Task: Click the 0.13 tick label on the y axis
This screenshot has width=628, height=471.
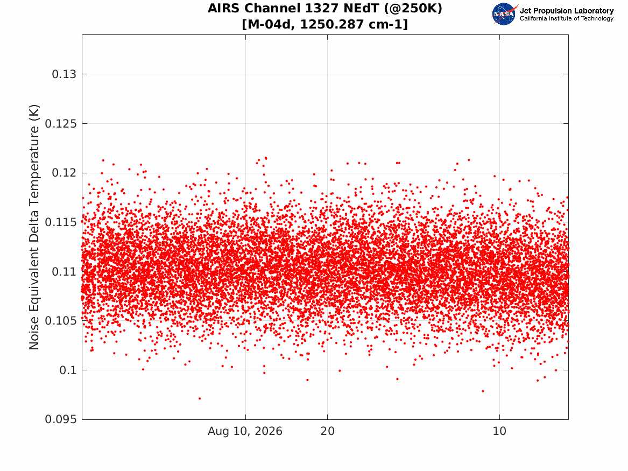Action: coord(64,74)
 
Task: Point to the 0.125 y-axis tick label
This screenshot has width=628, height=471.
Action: coord(60,124)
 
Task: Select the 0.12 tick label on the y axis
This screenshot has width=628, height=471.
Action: coord(64,173)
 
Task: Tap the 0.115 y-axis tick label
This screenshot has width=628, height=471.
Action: coord(60,222)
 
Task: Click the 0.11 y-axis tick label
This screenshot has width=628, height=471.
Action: coord(64,271)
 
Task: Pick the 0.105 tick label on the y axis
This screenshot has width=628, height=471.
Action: coord(60,321)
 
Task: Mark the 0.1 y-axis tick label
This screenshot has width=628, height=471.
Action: coord(68,370)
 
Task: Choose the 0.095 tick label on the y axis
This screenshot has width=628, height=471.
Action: coord(60,419)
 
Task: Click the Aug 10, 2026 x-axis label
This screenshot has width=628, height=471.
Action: coord(245,431)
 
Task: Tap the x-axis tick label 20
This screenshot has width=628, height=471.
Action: coord(327,431)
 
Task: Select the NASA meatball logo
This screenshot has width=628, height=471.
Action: coord(504,14)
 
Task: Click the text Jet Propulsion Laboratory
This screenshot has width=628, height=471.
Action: coord(566,11)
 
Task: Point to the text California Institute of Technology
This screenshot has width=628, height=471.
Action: coord(566,18)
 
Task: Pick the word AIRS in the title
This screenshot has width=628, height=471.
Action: coord(223,8)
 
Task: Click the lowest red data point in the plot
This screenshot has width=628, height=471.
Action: coord(200,398)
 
